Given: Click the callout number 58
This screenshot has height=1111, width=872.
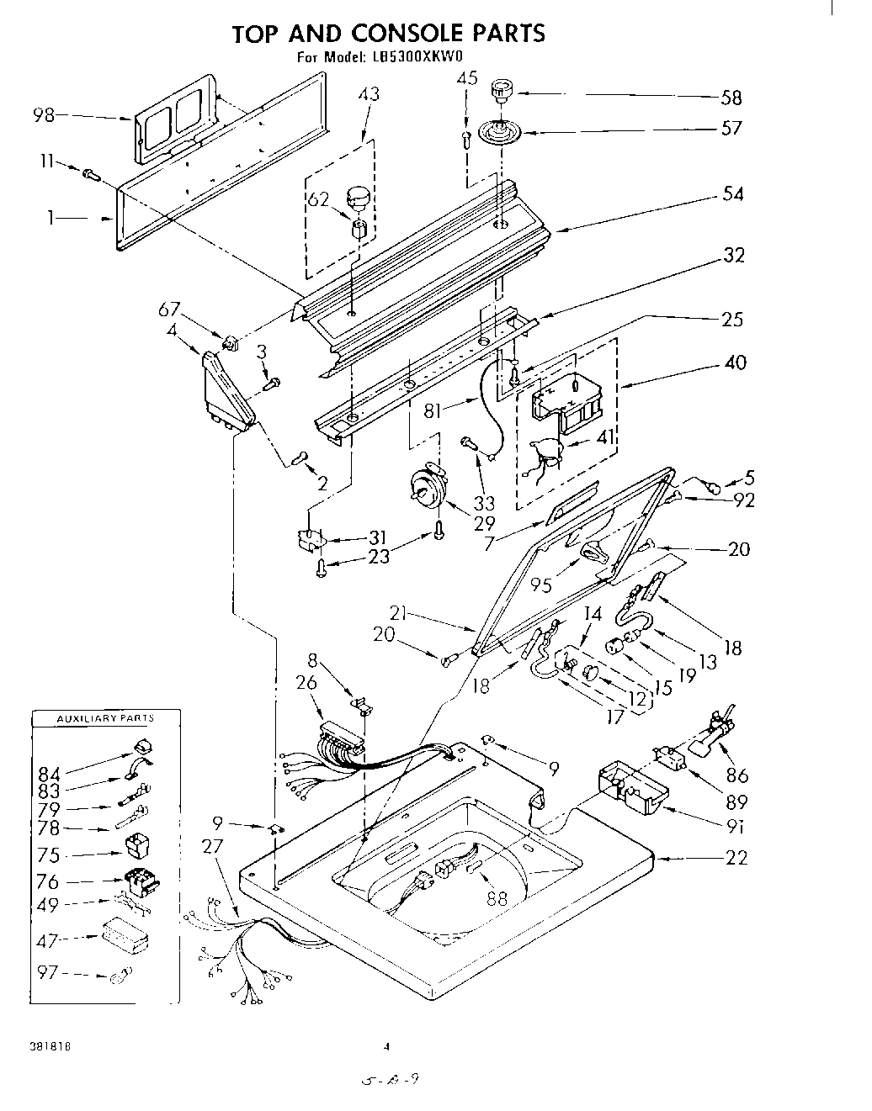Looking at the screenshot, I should (731, 98).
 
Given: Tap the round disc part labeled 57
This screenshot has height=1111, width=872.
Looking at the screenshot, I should (499, 130).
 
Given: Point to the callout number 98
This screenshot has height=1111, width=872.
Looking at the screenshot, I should (45, 115).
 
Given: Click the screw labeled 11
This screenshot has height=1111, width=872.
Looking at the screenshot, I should (91, 174).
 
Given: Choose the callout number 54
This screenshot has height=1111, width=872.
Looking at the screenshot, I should (733, 193).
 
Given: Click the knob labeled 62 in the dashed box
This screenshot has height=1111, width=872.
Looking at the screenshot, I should (359, 198).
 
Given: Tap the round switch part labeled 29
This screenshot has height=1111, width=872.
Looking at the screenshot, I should (426, 488).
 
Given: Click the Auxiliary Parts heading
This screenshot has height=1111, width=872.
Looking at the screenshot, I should (105, 718).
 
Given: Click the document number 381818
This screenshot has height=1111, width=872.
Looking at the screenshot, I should (52, 1048).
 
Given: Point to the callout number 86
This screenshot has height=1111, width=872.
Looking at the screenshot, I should (737, 776).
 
